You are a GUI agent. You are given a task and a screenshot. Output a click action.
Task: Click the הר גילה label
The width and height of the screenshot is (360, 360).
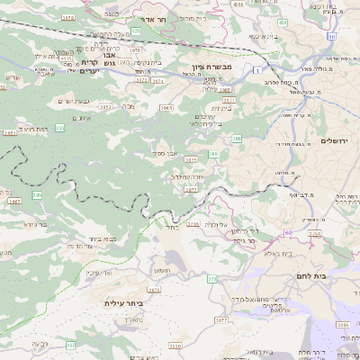pyautogui.click(x=240, y=240)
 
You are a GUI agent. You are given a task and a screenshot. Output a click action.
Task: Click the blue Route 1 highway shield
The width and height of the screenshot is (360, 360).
pyautogui.click(x=256, y=69)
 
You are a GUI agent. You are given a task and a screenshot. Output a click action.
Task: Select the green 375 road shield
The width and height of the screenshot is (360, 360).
pyautogui.click(x=212, y=279)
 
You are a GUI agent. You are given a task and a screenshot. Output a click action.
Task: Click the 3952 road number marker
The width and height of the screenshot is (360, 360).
pyautogui.click(x=105, y=107)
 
